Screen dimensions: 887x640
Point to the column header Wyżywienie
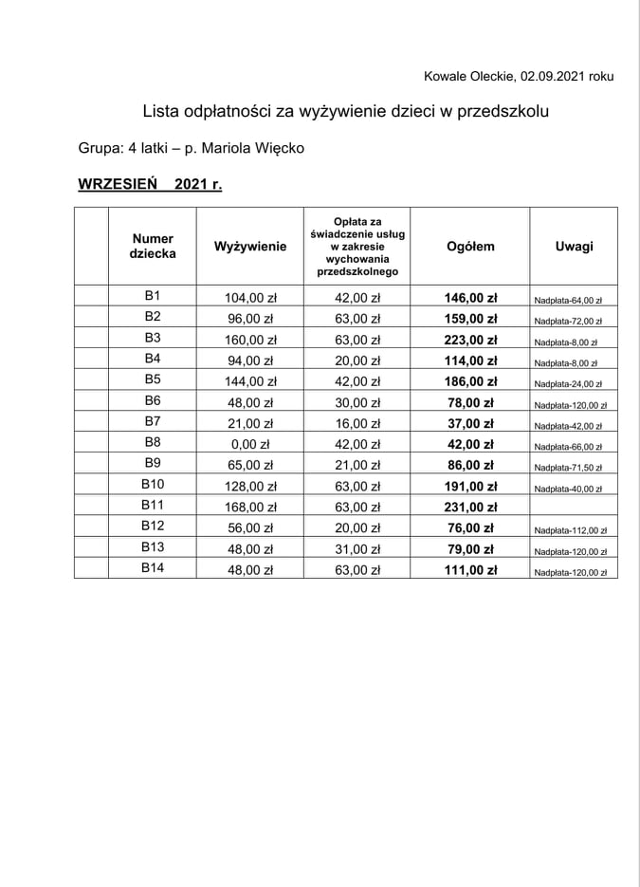point(250,247)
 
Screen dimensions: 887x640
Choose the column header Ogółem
point(470,247)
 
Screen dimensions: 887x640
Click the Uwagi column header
point(574,247)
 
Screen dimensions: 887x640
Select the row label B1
point(153,296)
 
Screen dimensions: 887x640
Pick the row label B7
point(153,422)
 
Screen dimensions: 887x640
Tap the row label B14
point(153,569)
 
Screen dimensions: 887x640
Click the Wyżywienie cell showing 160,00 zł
point(250,340)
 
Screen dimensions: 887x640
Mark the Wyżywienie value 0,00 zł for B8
point(250,444)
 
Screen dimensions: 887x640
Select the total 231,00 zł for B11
point(470,508)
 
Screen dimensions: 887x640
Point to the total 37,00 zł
point(470,423)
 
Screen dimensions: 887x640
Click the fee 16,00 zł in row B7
point(357,423)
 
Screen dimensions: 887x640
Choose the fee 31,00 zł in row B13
point(357,549)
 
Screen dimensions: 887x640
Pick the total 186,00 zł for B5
point(470,381)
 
